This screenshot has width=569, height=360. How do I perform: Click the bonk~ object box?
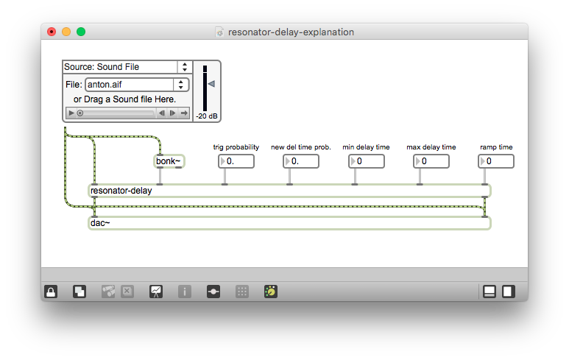pyautogui.click(x=169, y=161)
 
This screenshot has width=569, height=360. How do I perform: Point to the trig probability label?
pyautogui.click(x=236, y=147)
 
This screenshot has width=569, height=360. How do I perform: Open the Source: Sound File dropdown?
pyautogui.click(x=127, y=67)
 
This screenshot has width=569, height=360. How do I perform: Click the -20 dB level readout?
pyautogui.click(x=206, y=116)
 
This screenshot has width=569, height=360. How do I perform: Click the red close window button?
pyautogui.click(x=52, y=32)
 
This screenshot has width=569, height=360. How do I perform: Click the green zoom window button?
pyautogui.click(x=81, y=32)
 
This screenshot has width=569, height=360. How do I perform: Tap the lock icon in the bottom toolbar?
pyautogui.click(x=51, y=292)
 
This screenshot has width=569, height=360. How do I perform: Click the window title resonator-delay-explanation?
pyautogui.click(x=291, y=32)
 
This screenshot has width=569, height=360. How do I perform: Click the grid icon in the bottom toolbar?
pyautogui.click(x=241, y=292)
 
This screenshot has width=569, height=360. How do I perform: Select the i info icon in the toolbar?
pyautogui.click(x=185, y=292)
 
